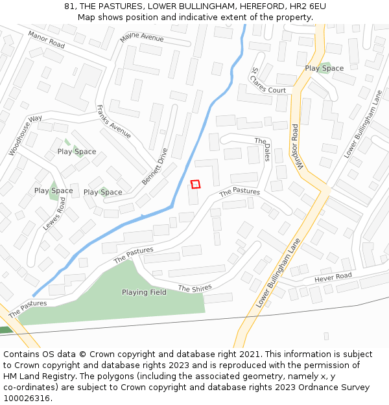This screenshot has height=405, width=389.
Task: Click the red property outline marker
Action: [x=196, y=184]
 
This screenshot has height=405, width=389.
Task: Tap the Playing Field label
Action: [x=144, y=292]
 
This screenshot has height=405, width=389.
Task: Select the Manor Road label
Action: [x=47, y=40]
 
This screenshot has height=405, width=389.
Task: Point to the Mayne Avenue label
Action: [x=142, y=38]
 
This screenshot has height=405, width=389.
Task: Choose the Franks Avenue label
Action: [x=113, y=122]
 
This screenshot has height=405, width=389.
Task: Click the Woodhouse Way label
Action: [x=25, y=135]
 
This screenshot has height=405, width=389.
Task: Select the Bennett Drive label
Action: [x=154, y=167]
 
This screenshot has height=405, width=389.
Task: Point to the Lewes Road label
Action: [x=54, y=214]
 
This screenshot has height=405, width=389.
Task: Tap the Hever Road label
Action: [x=333, y=277]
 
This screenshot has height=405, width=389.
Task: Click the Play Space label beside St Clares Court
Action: [x=324, y=68]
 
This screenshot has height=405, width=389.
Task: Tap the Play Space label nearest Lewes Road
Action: [x=53, y=191]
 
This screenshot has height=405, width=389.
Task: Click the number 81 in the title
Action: [x=69, y=6]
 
